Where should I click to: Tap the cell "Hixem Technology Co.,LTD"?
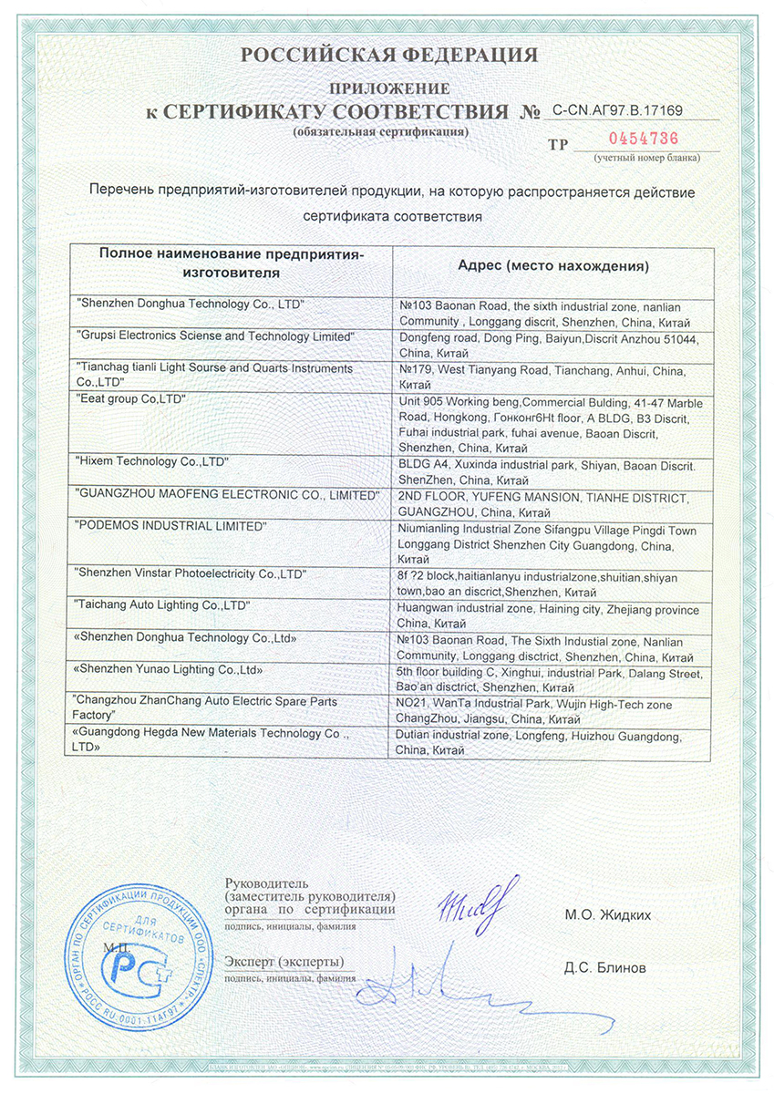(152, 463)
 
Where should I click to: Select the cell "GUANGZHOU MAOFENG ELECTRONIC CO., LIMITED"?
(227, 495)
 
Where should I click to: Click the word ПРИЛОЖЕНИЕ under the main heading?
(389, 89)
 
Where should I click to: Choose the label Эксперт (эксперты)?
(284, 962)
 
